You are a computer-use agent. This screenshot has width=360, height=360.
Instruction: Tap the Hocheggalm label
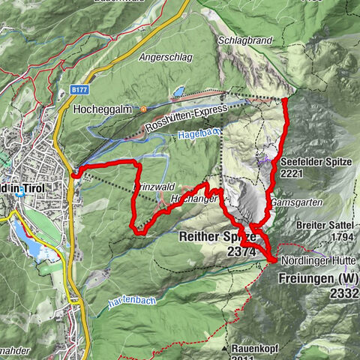[x=103, y=109]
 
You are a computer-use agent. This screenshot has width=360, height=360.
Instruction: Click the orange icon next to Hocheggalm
[x=143, y=109]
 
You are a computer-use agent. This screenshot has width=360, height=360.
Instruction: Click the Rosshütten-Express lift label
[x=189, y=120]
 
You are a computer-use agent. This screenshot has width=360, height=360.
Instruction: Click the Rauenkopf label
[x=255, y=348]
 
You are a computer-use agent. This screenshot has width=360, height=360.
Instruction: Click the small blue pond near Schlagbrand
[x=178, y=93]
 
